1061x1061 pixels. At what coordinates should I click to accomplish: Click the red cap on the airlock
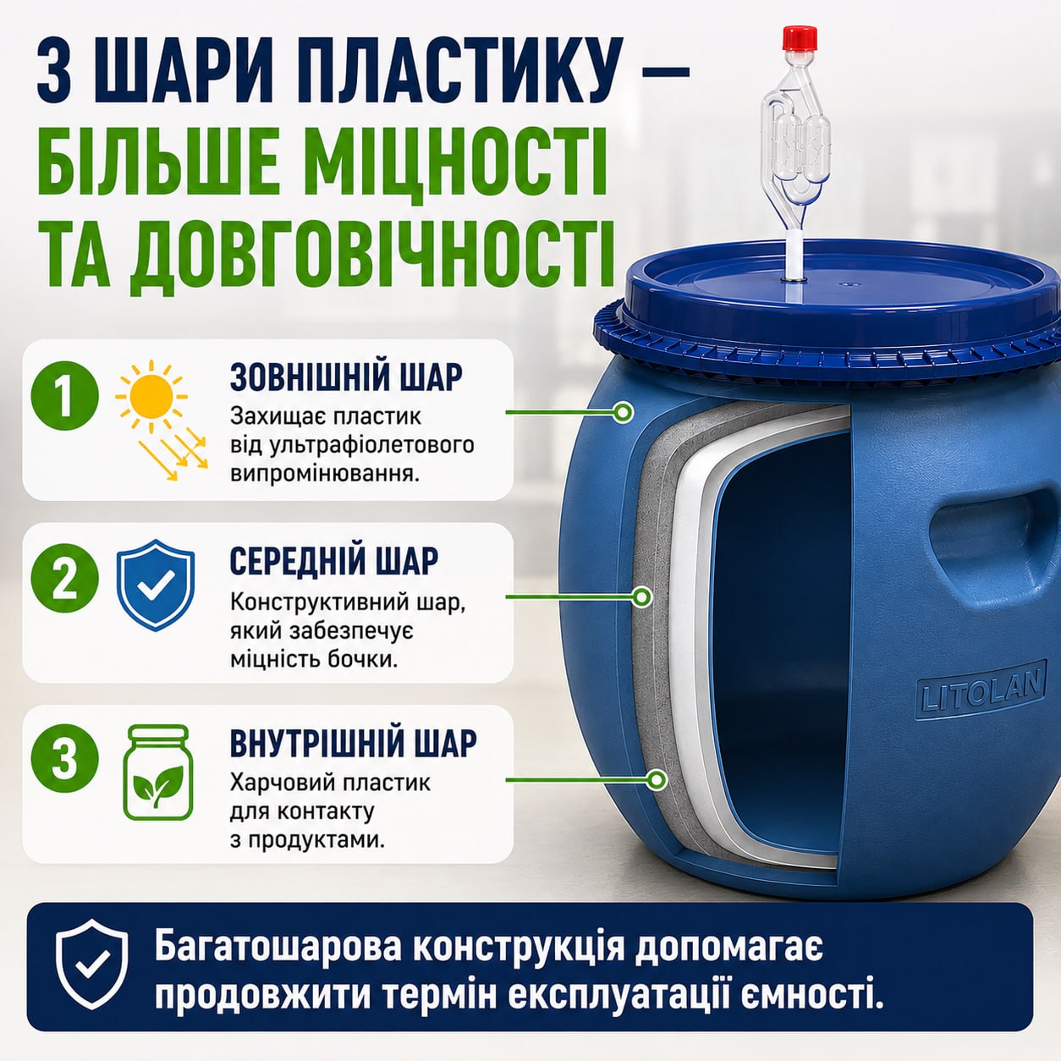(x=800, y=38)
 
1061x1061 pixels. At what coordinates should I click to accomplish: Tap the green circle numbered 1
(x=65, y=396)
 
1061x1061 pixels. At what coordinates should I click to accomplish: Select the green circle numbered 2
(x=65, y=579)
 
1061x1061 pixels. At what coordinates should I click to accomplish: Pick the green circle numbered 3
(x=65, y=759)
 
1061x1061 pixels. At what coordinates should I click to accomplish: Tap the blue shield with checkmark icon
(x=156, y=585)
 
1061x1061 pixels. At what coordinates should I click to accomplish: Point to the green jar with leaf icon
(x=157, y=772)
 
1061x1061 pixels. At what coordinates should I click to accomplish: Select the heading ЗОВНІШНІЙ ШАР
(x=346, y=377)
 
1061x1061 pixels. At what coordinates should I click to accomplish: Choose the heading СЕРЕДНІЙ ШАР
(x=333, y=561)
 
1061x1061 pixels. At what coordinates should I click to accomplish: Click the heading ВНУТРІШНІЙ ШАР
(x=353, y=743)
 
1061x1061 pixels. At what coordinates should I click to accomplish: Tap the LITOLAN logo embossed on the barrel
(x=981, y=690)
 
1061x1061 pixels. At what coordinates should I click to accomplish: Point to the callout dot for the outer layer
(x=624, y=412)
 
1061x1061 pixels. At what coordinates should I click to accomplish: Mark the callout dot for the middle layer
(x=641, y=596)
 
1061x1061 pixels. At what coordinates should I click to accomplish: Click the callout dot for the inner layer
(x=656, y=779)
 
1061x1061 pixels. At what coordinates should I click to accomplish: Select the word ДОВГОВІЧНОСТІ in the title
(x=371, y=254)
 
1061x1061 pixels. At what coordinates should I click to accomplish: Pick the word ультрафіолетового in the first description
(x=372, y=445)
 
